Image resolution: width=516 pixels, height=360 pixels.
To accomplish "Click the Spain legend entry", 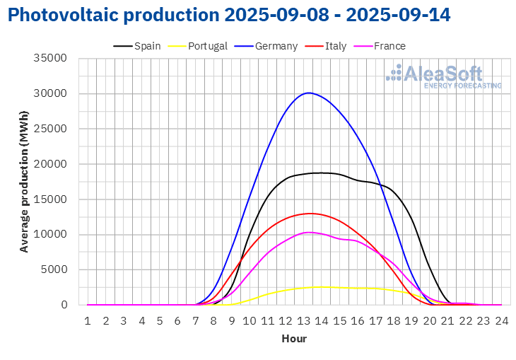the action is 137,46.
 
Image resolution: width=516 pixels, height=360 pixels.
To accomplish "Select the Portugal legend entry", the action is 197,46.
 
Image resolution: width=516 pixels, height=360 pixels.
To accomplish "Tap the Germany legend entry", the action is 266,46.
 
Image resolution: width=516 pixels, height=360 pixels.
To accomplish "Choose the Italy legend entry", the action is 325,46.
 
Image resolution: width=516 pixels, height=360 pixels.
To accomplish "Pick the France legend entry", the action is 380,46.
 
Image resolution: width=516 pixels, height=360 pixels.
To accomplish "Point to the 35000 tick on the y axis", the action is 50,58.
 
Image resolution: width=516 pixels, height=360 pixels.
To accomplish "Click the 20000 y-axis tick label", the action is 50,163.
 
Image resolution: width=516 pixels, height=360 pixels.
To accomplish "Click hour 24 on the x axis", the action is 502,320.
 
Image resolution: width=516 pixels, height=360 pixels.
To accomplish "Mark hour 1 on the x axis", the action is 88,320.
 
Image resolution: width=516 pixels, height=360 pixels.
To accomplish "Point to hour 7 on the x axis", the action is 196,320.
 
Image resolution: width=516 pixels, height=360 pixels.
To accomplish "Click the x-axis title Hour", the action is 294,339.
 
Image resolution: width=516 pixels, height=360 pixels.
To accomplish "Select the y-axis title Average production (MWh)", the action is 24,182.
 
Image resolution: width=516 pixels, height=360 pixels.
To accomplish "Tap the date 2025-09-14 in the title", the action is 398,15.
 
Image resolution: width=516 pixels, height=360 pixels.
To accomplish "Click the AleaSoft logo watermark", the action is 444,76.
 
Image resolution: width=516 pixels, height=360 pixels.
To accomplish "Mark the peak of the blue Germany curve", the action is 308,93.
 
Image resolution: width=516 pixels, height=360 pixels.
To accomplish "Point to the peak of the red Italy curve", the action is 310,214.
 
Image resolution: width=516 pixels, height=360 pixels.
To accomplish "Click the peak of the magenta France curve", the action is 308,233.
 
